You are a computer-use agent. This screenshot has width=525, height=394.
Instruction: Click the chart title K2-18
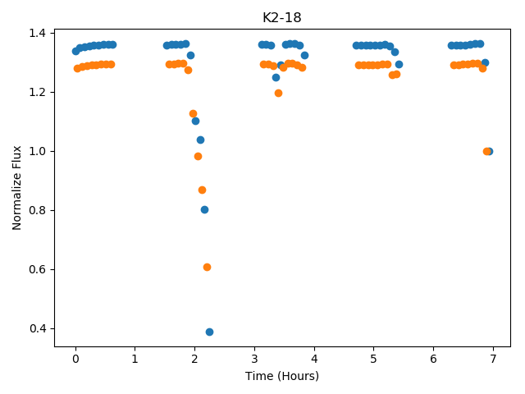coord(282,17)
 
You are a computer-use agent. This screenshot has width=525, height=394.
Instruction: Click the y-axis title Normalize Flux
coord(16,188)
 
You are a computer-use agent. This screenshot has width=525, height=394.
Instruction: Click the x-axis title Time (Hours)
coord(282,376)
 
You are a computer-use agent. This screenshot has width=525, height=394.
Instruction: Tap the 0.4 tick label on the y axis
coord(37,328)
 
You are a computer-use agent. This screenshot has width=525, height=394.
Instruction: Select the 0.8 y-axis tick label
coord(37,210)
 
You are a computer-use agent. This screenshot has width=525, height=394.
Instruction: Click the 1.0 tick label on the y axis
coord(37,151)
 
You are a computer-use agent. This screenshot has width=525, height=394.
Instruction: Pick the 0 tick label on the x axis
coord(75,359)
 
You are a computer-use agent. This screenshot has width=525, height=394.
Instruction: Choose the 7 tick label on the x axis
coord(493,359)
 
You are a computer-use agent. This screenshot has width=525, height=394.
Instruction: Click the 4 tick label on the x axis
coord(314,359)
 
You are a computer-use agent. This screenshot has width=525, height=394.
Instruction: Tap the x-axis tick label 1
coord(135,359)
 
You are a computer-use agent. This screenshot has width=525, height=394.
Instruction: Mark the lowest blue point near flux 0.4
coord(210,332)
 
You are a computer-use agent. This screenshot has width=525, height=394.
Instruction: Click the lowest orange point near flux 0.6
coord(207,268)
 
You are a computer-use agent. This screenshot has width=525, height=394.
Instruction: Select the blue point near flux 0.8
coord(204,210)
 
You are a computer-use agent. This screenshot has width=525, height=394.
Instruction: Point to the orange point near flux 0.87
coord(202,190)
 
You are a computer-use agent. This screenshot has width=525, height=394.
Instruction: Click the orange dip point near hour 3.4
coord(278,93)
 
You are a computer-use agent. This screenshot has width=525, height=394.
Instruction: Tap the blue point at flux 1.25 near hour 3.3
coord(276,78)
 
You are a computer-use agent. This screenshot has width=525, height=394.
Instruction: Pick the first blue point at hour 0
coord(76,51)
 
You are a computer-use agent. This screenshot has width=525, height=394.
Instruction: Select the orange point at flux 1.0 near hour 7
coord(486,151)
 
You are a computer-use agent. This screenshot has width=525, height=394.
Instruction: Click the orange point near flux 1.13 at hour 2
coord(194,113)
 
